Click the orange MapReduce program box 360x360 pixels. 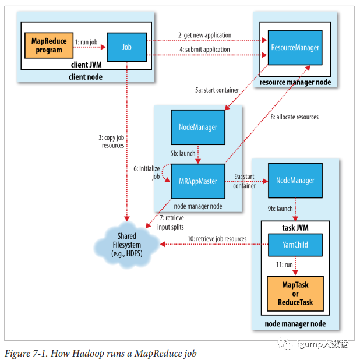click(47, 46)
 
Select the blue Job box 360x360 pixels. click(126, 46)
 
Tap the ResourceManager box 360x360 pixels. click(295, 47)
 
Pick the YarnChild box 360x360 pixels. click(295, 245)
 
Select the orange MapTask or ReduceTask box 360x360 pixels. click(295, 294)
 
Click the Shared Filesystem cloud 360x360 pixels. click(127, 243)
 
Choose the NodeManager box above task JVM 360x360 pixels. click(295, 181)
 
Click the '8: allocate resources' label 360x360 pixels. click(294, 117)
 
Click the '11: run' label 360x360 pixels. click(284, 264)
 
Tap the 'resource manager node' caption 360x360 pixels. click(295, 82)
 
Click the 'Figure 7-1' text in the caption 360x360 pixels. click(25, 353)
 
